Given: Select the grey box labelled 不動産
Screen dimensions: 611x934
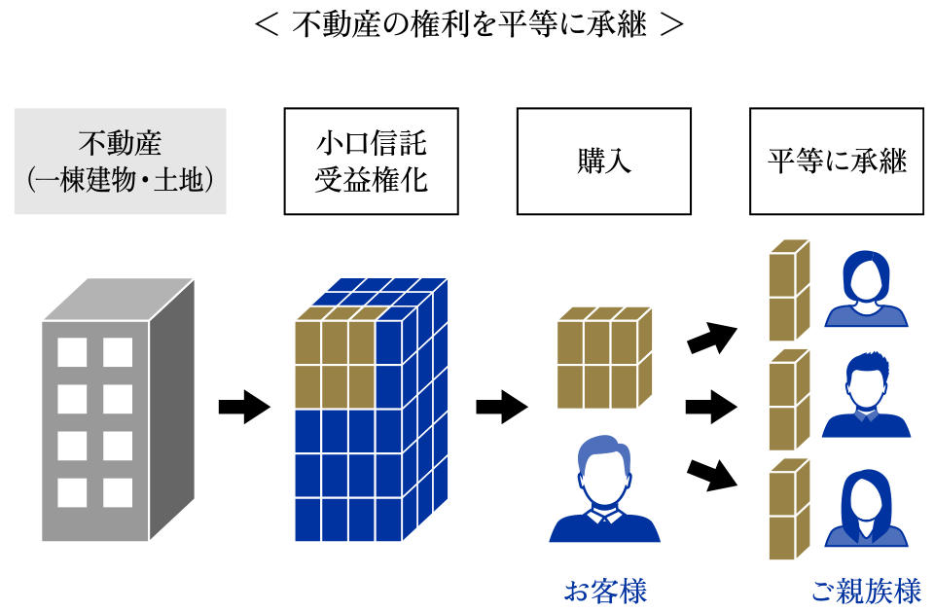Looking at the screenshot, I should click(x=121, y=162).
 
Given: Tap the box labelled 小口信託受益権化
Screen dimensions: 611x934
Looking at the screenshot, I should click(x=371, y=162).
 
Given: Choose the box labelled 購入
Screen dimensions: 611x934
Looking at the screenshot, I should click(x=603, y=162).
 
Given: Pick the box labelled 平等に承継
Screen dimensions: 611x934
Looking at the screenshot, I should click(x=837, y=162).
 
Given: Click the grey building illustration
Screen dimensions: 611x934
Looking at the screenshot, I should click(x=117, y=410).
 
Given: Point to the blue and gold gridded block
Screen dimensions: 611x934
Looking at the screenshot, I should click(x=370, y=410).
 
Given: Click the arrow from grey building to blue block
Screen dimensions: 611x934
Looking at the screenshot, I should click(x=243, y=406).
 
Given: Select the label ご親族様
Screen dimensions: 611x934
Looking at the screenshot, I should click(x=866, y=590).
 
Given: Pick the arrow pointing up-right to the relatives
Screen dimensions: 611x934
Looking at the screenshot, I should click(x=712, y=338).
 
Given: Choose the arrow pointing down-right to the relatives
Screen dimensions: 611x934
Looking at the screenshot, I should click(x=712, y=473).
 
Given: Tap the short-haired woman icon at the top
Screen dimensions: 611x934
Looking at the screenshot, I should click(x=866, y=289).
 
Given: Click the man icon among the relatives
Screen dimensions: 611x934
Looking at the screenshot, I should click(x=866, y=397).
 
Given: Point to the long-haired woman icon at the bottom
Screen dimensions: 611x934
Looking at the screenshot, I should click(x=866, y=509).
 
